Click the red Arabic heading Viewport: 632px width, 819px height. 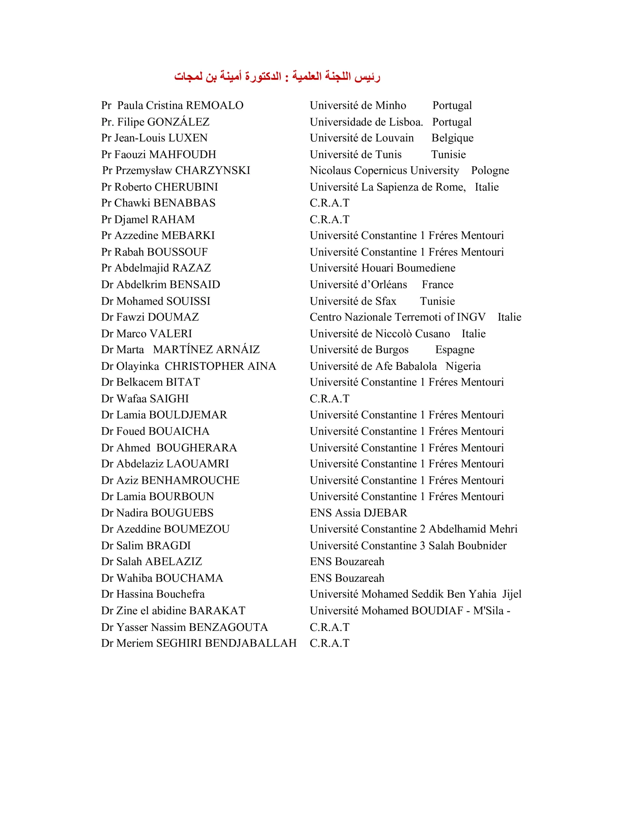277,76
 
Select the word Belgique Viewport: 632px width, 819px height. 452,138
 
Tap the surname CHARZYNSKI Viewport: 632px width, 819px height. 212,171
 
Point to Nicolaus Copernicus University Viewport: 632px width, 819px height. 384,171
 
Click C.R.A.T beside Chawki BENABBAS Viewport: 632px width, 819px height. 329,203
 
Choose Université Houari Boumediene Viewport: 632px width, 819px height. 382,268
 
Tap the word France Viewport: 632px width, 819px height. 437,285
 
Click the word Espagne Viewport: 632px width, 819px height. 455,349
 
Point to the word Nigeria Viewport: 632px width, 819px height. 463,366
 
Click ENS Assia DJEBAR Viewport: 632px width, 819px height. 358,513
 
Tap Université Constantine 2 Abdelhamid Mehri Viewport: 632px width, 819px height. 413,529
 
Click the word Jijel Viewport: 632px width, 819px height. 512,594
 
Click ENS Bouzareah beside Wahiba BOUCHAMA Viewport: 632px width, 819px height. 347,578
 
